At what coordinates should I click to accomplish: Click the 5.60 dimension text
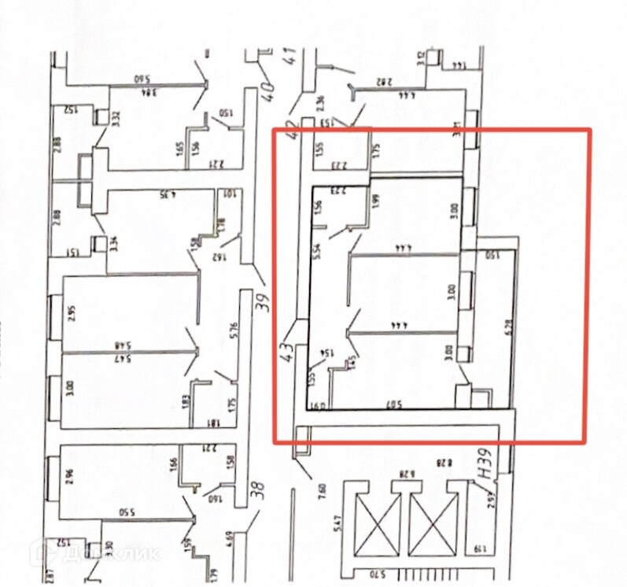(x=141, y=79)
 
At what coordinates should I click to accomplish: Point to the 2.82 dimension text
(x=383, y=80)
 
